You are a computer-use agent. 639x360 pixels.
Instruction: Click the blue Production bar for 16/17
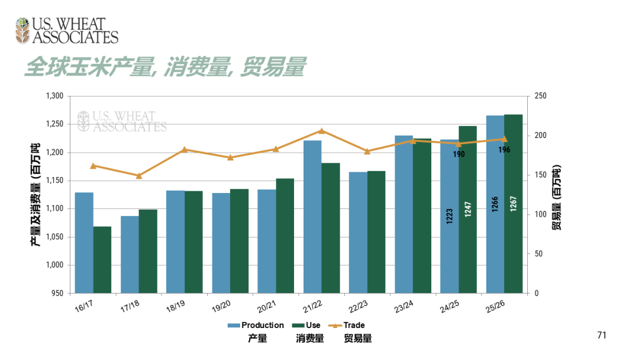(84, 243)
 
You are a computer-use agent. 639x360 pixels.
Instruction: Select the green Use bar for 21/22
(331, 228)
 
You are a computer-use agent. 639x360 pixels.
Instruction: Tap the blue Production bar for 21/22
(312, 217)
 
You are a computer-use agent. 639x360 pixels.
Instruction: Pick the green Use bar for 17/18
(148, 251)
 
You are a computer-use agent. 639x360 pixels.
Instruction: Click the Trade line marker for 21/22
(322, 131)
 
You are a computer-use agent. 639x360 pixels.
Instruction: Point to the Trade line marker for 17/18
(139, 176)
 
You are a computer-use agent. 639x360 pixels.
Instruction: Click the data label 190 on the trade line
(459, 154)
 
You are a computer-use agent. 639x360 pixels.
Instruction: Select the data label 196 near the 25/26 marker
(504, 150)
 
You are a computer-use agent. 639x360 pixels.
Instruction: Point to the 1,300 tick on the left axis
(54, 96)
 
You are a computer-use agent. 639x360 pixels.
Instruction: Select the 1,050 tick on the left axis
(54, 237)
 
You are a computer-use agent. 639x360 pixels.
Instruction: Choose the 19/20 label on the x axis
(221, 307)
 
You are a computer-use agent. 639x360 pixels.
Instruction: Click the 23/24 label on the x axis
(404, 307)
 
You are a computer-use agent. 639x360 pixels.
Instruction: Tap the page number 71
(602, 336)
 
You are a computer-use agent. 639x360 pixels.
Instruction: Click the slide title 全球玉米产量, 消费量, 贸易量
(164, 67)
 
